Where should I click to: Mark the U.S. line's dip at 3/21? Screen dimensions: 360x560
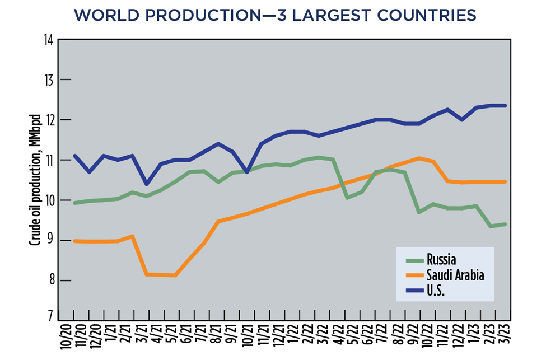pos(147,184)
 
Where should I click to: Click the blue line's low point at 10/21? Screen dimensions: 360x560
pos(248,172)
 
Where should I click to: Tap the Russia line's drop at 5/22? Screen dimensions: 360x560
pos(348,198)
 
